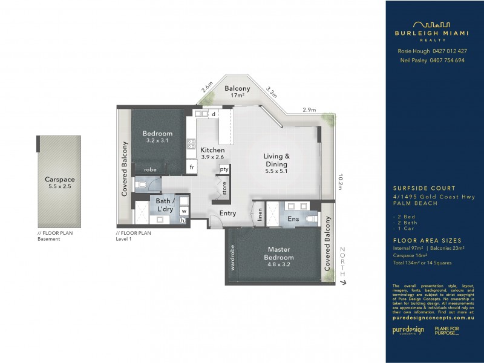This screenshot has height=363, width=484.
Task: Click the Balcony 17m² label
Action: point(237,92)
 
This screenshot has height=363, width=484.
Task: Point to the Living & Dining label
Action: point(277,160)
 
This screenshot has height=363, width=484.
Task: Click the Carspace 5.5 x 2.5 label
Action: point(59,183)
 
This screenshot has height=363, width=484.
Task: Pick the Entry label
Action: point(228,213)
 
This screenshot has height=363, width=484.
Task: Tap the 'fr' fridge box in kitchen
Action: point(192,167)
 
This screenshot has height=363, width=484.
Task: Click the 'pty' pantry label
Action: point(224,169)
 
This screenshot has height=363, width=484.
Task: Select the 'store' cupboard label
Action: point(224,189)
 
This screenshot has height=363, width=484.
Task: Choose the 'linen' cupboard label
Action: point(260,215)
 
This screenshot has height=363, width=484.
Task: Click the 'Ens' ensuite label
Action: point(293,218)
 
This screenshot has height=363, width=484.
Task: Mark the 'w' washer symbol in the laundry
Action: point(183,211)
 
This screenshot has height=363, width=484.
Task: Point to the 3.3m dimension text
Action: point(271,93)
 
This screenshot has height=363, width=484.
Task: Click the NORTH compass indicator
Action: point(342,265)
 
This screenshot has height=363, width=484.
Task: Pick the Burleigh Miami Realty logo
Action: point(432,30)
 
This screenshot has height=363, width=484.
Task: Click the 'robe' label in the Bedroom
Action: point(150,170)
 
